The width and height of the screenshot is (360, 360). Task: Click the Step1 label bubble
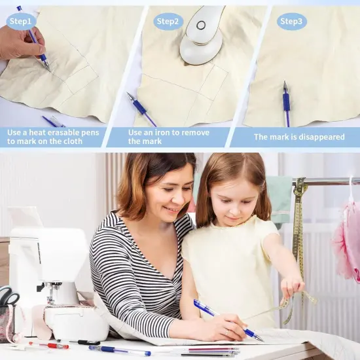[21, 22]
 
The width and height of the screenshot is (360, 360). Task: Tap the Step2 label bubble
[168, 22]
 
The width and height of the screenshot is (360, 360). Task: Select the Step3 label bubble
[291, 22]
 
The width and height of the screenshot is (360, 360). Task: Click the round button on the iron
[201, 26]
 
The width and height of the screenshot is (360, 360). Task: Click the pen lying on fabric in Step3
[286, 104]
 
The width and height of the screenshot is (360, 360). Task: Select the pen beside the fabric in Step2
[141, 109]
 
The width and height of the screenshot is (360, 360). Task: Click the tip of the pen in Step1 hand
[49, 71]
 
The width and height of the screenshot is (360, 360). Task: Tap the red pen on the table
[48, 345]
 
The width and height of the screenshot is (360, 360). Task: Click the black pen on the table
[88, 343]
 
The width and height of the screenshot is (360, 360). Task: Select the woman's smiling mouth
[170, 209]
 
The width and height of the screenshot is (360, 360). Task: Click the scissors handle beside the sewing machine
[9, 296]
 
